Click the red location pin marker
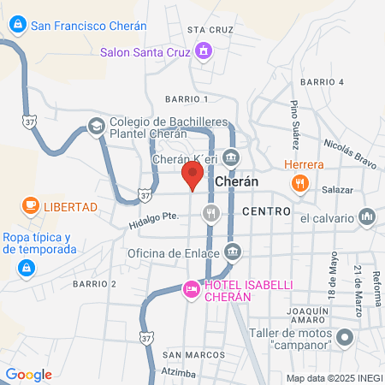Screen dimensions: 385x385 point(192,177)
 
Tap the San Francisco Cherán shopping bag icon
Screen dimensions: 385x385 point(17,26)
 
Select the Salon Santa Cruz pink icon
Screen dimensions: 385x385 point(203,52)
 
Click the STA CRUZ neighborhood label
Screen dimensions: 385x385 point(210,29)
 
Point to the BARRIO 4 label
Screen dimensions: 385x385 point(322,81)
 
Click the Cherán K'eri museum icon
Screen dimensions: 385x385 point(232,157)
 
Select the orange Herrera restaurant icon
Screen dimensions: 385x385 point(299,181)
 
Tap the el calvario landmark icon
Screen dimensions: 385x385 point(368,217)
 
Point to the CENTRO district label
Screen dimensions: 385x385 point(266,210)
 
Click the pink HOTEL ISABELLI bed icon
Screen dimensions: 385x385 point(192,289)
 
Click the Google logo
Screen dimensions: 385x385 point(29,374)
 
